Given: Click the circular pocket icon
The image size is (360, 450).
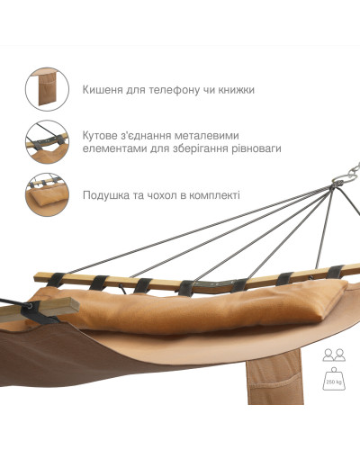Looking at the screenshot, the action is coord(47,89).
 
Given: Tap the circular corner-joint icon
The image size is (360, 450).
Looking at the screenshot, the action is coord(47,142).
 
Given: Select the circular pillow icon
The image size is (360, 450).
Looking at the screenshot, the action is coord(47,194).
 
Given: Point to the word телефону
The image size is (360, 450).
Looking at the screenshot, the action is coord(174,90).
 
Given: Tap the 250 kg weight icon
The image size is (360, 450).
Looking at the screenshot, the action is coord(334,379).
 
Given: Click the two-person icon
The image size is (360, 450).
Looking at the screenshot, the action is coord(334,355).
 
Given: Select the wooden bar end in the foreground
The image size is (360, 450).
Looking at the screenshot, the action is coord(60,307).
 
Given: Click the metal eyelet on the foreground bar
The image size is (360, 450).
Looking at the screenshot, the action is coord(31,306).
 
